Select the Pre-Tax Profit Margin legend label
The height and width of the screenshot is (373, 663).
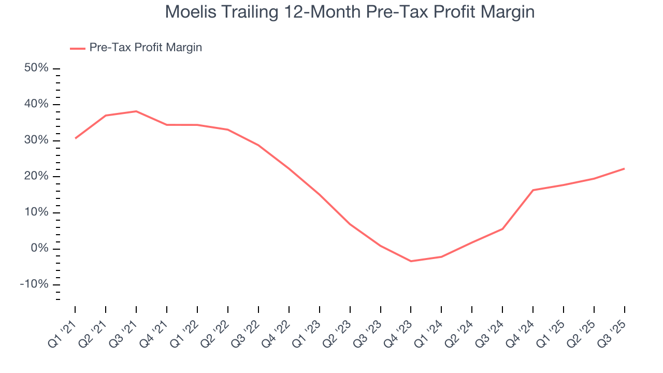tap(146, 48)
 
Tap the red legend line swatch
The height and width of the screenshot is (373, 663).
tap(78, 48)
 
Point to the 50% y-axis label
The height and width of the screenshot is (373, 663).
tap(36, 68)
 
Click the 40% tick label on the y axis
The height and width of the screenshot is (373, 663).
tap(36, 105)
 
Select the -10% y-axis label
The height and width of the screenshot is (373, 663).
tap(34, 285)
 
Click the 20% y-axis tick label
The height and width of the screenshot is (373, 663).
tap(36, 177)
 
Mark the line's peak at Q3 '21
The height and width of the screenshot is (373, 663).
tap(136, 111)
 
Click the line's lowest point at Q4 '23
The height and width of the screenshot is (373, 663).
tap(411, 261)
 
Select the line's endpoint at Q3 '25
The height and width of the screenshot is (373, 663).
tap(624, 168)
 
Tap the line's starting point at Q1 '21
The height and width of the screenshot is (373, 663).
tap(75, 138)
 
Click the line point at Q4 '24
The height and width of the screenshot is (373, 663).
tap(533, 190)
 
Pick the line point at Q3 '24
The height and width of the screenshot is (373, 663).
tap(502, 229)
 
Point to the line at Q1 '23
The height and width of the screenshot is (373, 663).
tap(320, 195)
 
